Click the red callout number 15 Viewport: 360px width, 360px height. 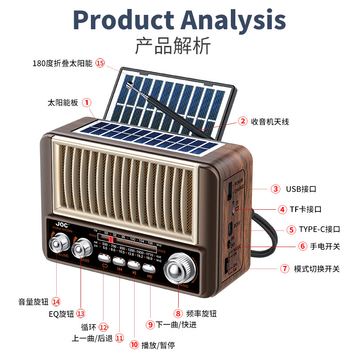(100, 63)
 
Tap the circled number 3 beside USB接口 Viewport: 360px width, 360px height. (275, 189)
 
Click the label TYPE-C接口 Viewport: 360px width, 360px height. (319, 229)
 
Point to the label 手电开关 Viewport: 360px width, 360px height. (319, 247)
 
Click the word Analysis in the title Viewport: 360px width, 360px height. (234, 20)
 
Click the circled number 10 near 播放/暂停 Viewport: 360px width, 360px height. (134, 345)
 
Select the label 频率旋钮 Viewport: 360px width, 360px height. (201, 314)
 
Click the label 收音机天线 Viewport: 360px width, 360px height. (270, 121)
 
